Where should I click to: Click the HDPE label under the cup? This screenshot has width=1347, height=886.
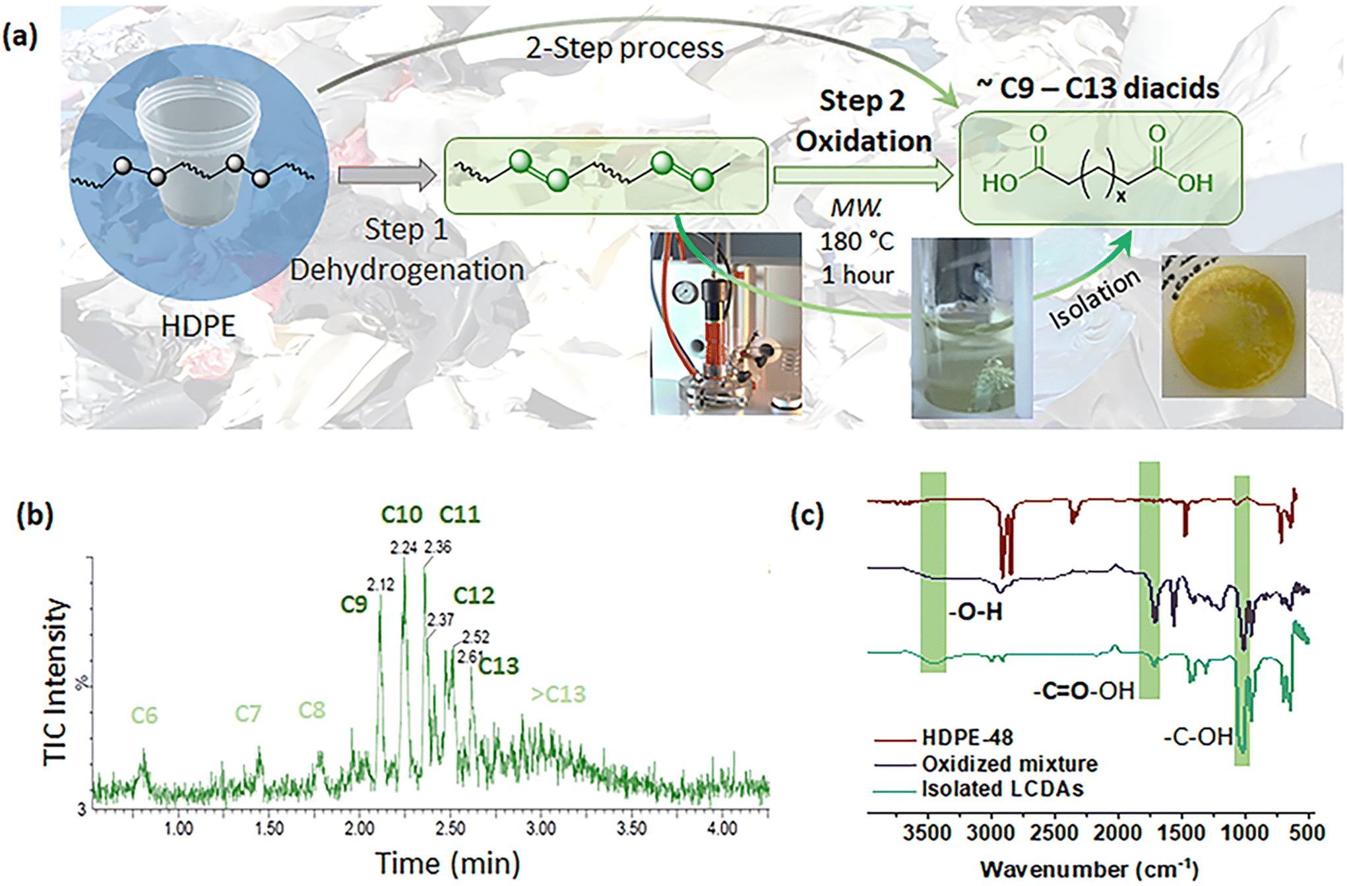pyautogui.click(x=199, y=326)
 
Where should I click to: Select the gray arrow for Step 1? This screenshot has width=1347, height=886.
pyautogui.click(x=387, y=175)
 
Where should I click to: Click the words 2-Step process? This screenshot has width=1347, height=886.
pyautogui.click(x=625, y=48)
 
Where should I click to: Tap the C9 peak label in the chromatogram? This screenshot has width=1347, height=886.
pyautogui.click(x=354, y=604)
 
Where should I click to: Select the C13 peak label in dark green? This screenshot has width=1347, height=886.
pyautogui.click(x=499, y=666)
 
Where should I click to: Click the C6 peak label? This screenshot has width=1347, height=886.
pyautogui.click(x=144, y=715)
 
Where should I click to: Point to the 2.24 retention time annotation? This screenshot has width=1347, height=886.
pyautogui.click(x=404, y=547)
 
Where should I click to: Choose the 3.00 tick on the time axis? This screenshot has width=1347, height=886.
pyautogui.click(x=541, y=828)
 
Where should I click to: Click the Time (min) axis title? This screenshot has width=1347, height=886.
pyautogui.click(x=448, y=863)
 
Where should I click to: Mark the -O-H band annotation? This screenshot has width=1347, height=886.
pyautogui.click(x=976, y=612)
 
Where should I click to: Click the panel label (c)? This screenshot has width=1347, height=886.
pyautogui.click(x=807, y=515)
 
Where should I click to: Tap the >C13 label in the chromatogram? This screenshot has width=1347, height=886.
pyautogui.click(x=559, y=694)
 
